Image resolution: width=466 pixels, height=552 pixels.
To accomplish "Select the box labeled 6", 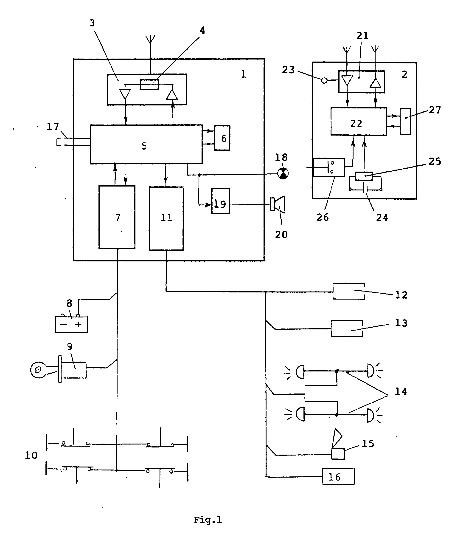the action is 222,138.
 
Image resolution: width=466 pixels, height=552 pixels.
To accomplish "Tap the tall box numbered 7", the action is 117,217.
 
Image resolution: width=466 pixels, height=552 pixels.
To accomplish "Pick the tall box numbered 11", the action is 166,218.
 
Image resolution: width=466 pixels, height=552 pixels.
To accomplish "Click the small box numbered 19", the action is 221,201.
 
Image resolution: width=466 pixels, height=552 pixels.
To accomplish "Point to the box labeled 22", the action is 359,122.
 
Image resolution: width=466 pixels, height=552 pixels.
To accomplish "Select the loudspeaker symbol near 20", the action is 278,204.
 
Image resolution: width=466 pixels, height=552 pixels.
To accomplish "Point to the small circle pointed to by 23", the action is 324,80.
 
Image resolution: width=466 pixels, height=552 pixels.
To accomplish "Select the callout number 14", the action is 401,391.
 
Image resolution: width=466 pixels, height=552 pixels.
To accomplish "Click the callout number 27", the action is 435,110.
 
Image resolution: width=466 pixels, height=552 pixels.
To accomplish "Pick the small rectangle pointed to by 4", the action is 149,85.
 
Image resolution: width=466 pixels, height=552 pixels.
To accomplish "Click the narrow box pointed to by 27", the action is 405,122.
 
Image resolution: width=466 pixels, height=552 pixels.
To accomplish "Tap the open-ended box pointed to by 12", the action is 349,291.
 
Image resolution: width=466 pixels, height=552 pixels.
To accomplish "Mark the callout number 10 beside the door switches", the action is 31,455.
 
